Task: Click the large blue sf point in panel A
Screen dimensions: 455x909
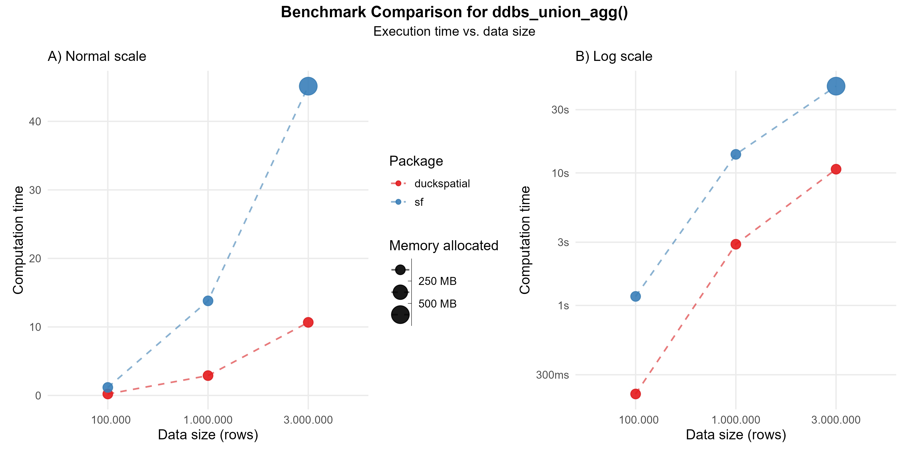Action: pos(308,86)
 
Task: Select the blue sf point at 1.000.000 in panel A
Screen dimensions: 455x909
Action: pos(208,301)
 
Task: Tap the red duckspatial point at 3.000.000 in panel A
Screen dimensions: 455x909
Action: pos(308,322)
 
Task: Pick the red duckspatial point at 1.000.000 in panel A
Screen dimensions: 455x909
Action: pos(208,376)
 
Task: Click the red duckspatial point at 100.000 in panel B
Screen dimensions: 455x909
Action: pos(636,394)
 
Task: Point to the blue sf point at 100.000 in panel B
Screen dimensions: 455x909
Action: pos(636,296)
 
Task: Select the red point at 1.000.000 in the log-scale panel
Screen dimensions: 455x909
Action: pos(736,244)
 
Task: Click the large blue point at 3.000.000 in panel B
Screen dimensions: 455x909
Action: pos(836,86)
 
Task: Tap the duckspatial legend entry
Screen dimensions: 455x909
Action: pos(442,184)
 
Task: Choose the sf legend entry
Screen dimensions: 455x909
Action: pos(419,202)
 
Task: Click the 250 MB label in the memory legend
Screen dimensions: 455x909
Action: pos(437,281)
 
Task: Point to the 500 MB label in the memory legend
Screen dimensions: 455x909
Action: pos(437,304)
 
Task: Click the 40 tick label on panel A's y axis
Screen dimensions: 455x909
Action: pos(35,122)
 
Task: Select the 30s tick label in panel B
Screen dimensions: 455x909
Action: pos(560,110)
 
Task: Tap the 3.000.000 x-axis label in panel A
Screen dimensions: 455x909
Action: pos(308,420)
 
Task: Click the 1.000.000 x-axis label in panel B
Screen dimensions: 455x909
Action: pos(736,420)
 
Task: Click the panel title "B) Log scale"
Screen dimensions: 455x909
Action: pos(614,57)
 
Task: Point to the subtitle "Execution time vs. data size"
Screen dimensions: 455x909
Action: pos(454,31)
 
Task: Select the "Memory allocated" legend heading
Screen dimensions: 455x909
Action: pos(444,246)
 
